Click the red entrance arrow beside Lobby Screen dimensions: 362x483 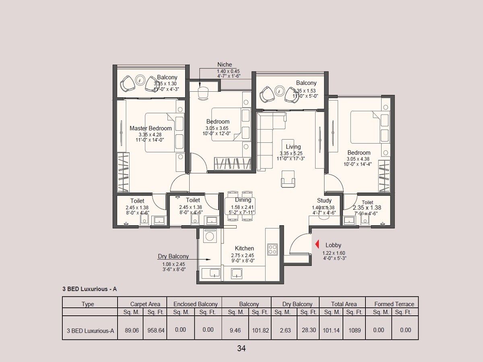coord(317,245)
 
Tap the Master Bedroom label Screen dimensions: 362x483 coord(151,128)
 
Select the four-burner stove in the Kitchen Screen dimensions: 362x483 coord(272,249)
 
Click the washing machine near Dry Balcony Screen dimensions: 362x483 coord(209,235)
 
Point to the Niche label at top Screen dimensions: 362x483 coord(225,65)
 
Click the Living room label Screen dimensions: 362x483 coord(293,147)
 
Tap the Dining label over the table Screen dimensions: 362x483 coord(243,200)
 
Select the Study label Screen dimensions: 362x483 coord(324,200)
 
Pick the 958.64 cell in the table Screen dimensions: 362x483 coord(156,330)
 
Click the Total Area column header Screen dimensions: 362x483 coord(343,304)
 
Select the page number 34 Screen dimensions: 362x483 coord(241,348)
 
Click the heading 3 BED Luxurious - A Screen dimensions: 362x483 coord(89,289)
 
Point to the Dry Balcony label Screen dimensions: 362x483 coord(173,256)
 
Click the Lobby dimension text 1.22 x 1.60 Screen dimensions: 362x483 coord(334,253)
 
